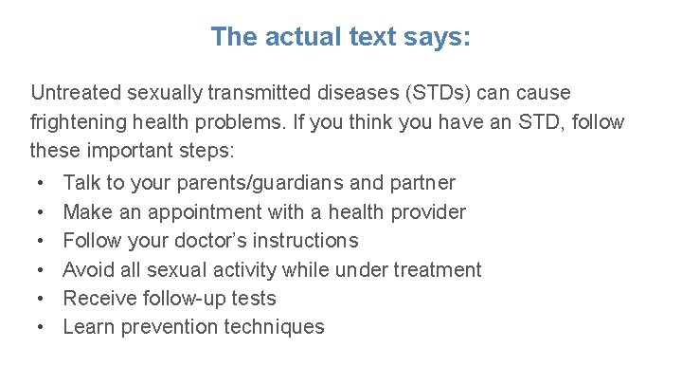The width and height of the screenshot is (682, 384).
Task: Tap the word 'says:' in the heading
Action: (437, 37)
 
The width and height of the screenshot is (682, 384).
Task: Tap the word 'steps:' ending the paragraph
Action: (216, 151)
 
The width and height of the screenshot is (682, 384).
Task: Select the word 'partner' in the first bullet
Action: (421, 183)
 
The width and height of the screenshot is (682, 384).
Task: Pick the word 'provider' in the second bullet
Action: (424, 211)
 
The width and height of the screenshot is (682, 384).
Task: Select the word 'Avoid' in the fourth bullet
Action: (88, 269)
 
